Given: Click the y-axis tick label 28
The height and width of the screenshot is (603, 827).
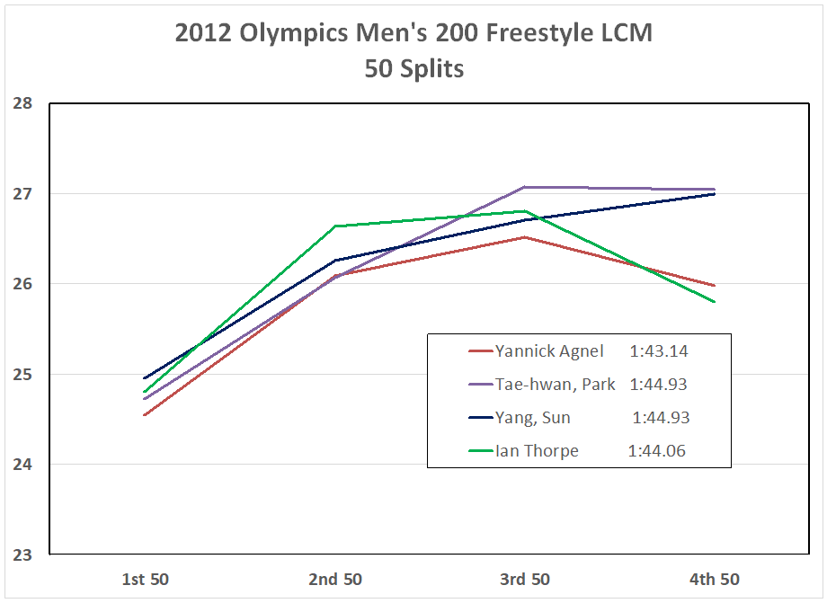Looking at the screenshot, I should [x=22, y=103].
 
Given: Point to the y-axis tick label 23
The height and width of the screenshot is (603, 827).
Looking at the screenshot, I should [x=22, y=554].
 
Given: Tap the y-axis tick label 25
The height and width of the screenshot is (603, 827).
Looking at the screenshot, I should [x=22, y=374].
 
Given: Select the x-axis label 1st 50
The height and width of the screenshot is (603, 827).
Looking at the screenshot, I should [x=145, y=579].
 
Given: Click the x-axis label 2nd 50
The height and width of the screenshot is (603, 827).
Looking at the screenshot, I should [x=334, y=579].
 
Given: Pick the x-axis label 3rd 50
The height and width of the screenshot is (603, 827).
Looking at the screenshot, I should [x=524, y=579].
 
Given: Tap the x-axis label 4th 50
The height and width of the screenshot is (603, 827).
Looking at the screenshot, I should [x=714, y=579].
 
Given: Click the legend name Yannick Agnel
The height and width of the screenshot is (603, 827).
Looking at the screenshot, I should [x=549, y=351].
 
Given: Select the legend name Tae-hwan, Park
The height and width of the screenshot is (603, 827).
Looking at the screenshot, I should [x=555, y=385].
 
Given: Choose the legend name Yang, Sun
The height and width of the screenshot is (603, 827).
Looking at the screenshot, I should [x=532, y=418].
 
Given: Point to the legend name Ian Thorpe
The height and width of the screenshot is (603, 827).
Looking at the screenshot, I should [x=537, y=451].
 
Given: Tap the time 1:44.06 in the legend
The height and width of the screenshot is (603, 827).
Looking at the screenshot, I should [x=657, y=451].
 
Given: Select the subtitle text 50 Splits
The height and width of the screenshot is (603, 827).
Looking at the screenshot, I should [x=413, y=68].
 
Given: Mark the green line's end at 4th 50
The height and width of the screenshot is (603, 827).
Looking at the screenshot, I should [x=714, y=302].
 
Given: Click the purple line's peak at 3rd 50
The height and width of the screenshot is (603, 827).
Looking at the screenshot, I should [x=524, y=187].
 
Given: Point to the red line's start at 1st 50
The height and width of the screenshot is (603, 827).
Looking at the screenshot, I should [x=145, y=414].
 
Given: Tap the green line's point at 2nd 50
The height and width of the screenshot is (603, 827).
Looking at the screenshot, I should [x=334, y=226].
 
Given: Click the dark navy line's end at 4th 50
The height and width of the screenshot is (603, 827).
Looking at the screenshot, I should [x=714, y=194].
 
